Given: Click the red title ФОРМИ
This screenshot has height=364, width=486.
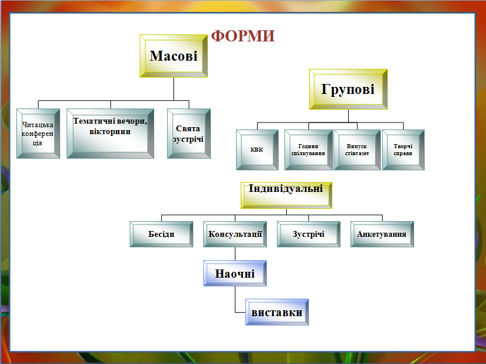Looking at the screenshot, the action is (x=243, y=36).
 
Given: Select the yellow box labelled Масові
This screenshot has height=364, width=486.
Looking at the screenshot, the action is (x=173, y=56).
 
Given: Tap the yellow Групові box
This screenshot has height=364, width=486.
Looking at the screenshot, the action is (x=348, y=89).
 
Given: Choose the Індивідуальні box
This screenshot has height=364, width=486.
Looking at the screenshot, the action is (x=286, y=195).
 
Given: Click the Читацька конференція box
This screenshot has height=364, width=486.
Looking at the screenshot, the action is (x=38, y=134).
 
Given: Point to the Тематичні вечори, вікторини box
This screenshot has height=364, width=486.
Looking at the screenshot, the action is (x=110, y=133).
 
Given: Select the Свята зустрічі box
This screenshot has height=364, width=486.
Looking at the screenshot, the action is (x=189, y=134).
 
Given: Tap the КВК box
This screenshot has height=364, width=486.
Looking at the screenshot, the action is (x=257, y=150).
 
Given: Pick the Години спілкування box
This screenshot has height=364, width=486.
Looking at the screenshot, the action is (x=308, y=150).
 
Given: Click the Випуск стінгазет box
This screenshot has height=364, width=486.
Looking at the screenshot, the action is (x=356, y=150).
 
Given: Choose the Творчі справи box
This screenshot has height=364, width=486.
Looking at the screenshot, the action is (x=403, y=150).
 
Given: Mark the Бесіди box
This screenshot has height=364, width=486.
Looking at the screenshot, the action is (x=162, y=235).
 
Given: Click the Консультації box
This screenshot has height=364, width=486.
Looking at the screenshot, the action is (x=235, y=235).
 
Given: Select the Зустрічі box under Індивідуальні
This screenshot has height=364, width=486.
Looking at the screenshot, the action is (x=308, y=235).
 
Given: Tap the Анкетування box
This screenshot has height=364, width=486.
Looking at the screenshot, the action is (x=382, y=235).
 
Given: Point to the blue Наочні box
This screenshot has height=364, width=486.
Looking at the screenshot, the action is (x=235, y=273).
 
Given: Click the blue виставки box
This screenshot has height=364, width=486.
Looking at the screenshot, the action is (x=277, y=312).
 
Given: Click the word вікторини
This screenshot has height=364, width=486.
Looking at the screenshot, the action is (x=110, y=131).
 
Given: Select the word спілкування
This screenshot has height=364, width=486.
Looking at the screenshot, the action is (x=308, y=153).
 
